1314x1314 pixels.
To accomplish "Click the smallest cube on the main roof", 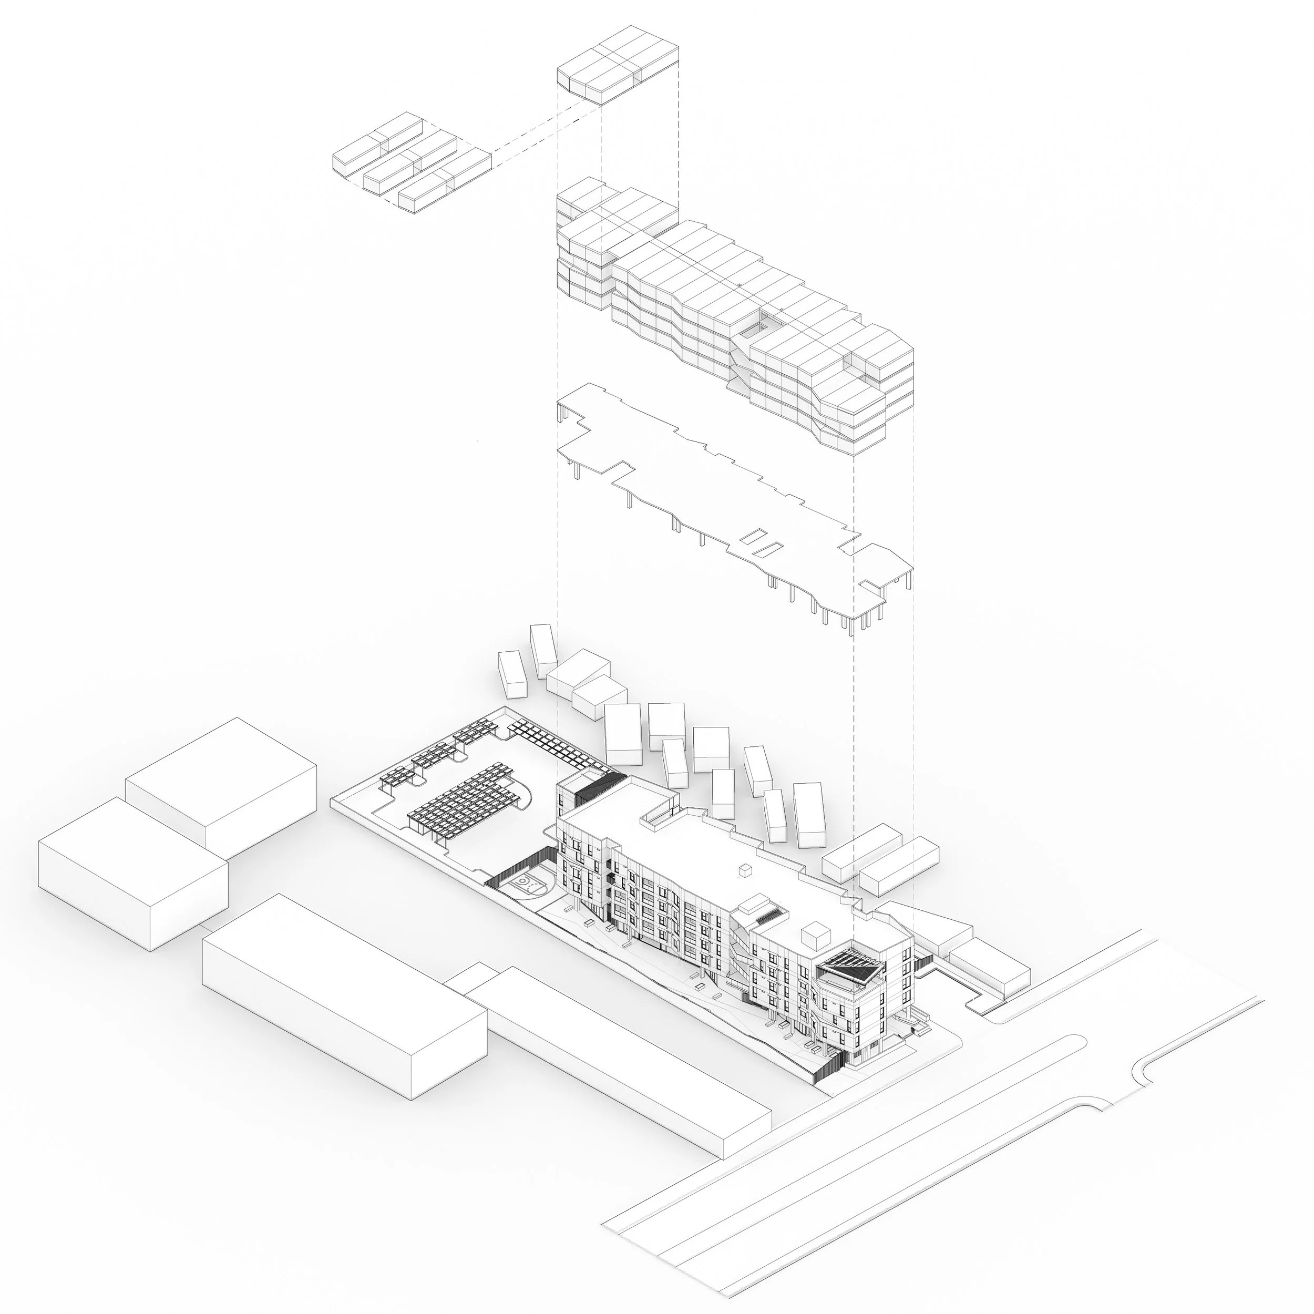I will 746,870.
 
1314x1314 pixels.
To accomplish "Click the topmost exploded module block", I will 618,65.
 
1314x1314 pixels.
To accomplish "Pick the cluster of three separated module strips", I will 412,163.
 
